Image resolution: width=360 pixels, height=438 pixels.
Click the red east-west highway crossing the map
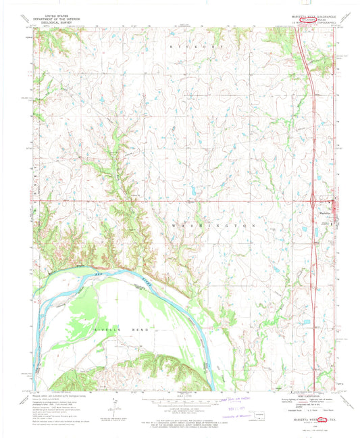(169, 200)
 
